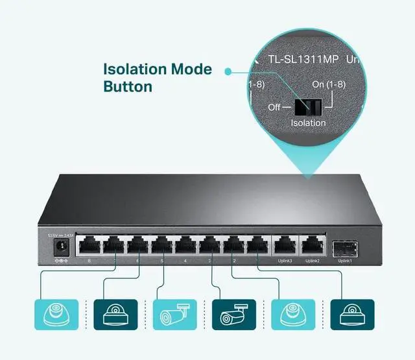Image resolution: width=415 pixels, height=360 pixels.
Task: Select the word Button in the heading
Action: point(128,86)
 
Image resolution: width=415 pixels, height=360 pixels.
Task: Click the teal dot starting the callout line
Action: point(228,69)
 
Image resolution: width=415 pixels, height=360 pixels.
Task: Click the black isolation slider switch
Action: point(307,106)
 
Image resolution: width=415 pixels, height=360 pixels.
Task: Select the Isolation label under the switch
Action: point(309,123)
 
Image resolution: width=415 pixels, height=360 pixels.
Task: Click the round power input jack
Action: point(63,245)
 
